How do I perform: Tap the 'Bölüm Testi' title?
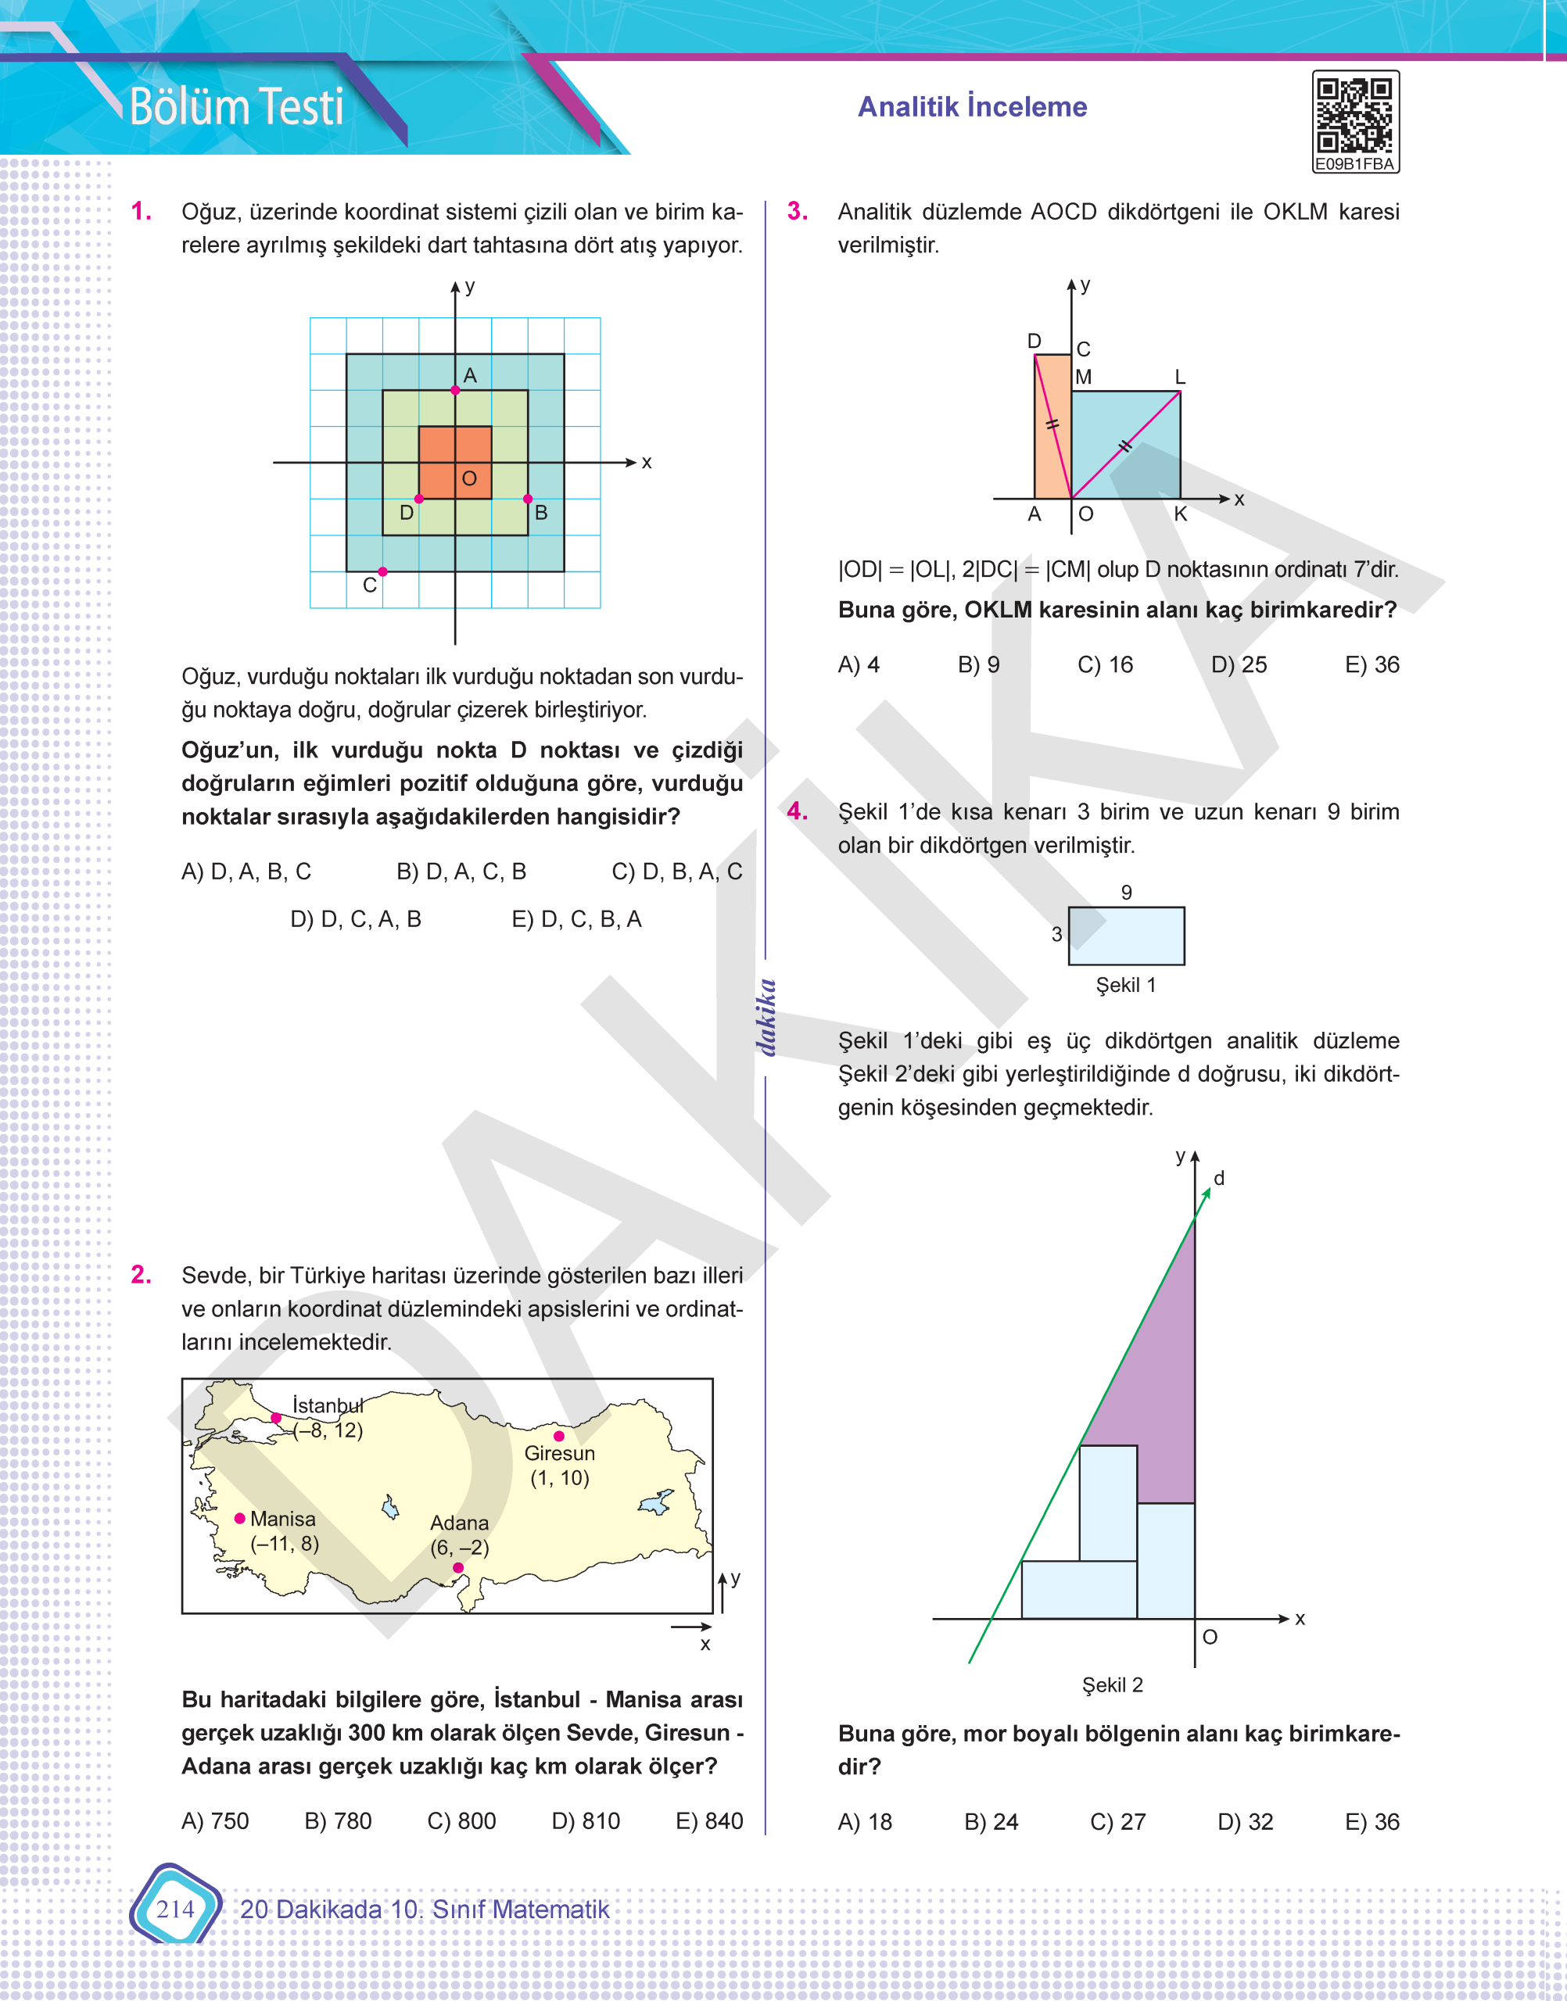[x=236, y=106]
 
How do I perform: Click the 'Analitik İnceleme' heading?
[x=972, y=106]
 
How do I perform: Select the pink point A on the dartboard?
[x=455, y=391]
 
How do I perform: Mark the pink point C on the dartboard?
[x=382, y=571]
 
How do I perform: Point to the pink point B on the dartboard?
[x=528, y=499]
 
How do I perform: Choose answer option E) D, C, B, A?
[x=576, y=919]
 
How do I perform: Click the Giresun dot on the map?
[x=559, y=1436]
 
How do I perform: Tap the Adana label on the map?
[x=459, y=1523]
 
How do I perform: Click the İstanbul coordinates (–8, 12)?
[x=328, y=1430]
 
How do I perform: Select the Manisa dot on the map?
[x=239, y=1519]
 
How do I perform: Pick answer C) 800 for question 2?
[x=461, y=1820]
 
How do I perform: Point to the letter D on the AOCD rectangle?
[x=1034, y=341]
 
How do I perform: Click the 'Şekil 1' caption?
[x=1126, y=985]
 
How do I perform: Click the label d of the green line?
[x=1218, y=1179]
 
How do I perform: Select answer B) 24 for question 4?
[x=991, y=1821]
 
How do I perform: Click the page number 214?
[x=174, y=1909]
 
